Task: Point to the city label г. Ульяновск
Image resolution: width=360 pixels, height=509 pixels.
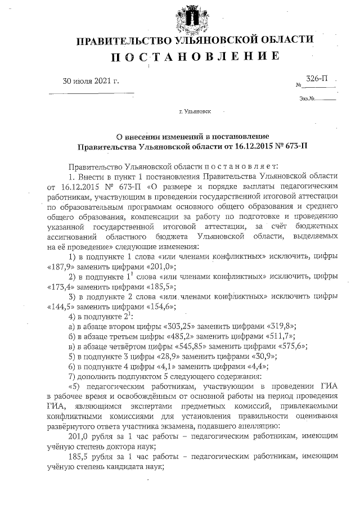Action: [x=195, y=112]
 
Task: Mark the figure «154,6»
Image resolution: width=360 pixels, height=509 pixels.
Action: [x=160, y=306]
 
